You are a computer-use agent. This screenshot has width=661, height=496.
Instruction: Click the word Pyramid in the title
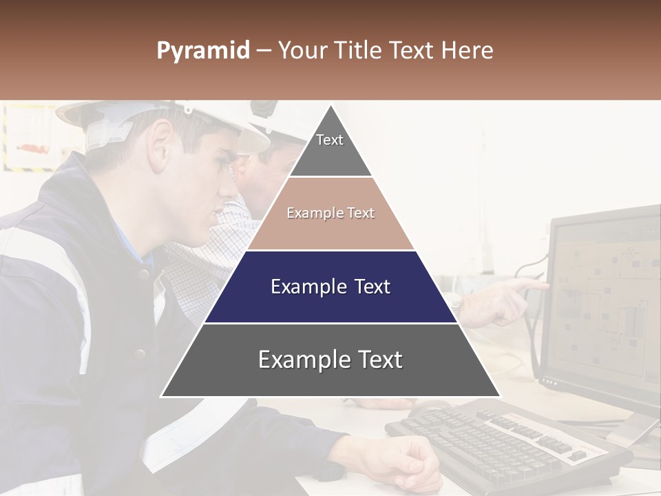pos(202,51)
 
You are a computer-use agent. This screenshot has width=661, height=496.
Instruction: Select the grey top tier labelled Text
pos(330,148)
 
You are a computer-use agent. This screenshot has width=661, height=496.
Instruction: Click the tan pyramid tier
pos(330,214)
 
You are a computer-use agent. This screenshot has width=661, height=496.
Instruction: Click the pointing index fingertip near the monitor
pos(544,284)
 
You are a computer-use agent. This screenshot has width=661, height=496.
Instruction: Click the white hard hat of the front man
pos(172,117)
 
